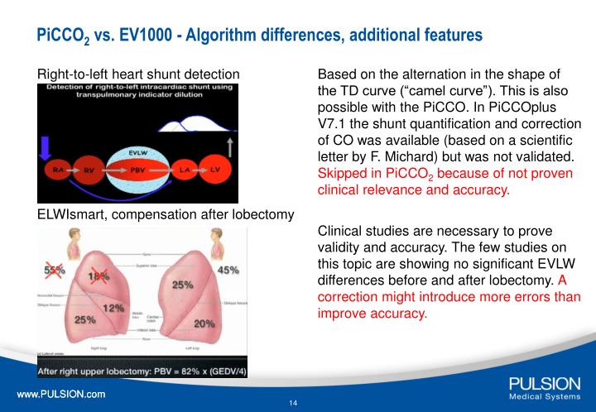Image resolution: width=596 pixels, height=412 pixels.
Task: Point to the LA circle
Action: [x=185, y=170]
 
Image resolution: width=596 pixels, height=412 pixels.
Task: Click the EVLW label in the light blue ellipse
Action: [x=138, y=153]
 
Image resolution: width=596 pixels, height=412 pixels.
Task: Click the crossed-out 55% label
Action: [x=55, y=271]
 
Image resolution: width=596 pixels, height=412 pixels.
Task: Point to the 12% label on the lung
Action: [x=113, y=308]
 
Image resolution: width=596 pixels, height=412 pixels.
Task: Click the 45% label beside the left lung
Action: [x=228, y=270]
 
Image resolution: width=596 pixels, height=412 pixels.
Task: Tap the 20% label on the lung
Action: [x=204, y=323]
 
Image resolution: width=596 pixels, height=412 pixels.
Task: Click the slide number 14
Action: [x=293, y=403]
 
